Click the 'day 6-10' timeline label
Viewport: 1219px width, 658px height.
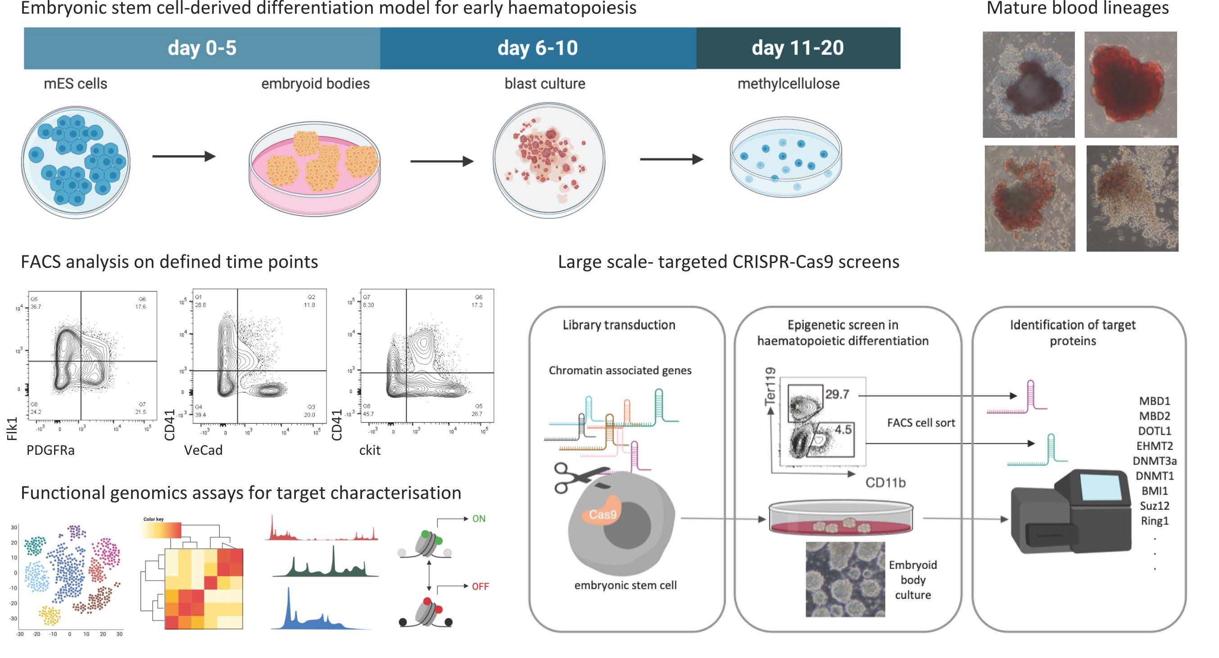(x=538, y=48)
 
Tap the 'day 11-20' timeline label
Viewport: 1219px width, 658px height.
(x=798, y=48)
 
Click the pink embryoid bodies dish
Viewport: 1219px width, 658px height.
(x=315, y=168)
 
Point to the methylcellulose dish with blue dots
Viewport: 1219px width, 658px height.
(x=785, y=157)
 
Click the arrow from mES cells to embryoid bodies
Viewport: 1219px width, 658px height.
(x=184, y=156)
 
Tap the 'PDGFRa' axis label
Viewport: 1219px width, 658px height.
(x=50, y=450)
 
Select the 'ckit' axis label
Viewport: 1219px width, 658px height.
(x=370, y=450)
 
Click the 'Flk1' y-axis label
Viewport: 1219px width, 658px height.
(x=12, y=429)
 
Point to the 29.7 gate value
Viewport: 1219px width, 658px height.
(x=837, y=395)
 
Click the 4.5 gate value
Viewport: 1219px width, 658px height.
(x=843, y=430)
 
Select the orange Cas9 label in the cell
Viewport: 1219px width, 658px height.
(x=603, y=515)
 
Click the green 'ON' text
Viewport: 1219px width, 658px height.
(x=479, y=519)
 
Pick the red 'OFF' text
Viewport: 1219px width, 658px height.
(x=480, y=586)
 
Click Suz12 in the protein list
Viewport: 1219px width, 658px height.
(x=1155, y=506)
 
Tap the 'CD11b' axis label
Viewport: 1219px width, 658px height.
(x=885, y=483)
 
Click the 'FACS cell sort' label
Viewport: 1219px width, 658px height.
(x=921, y=423)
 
